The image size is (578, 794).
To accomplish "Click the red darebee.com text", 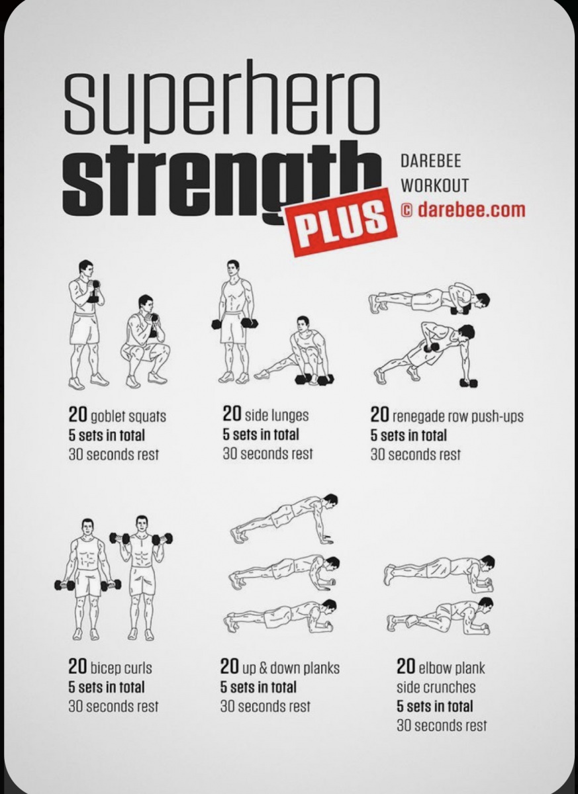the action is click(x=471, y=210).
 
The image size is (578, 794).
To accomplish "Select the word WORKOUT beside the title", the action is click(x=434, y=185).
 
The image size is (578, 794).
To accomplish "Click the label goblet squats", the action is click(x=128, y=416).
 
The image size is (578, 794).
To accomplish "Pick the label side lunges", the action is click(x=277, y=416).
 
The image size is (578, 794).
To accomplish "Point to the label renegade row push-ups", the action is click(x=458, y=416).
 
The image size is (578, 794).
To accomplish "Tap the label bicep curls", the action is click(x=121, y=668).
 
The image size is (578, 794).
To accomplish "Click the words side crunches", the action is click(x=436, y=687).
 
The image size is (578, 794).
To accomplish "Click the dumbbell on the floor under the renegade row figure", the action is click(x=469, y=383).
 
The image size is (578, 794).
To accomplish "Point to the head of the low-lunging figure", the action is click(x=303, y=324).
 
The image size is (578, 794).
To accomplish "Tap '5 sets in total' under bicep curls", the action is click(x=107, y=687).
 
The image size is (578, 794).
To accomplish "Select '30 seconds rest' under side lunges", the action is click(x=267, y=453).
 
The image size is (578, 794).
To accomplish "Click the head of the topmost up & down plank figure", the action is click(x=330, y=500).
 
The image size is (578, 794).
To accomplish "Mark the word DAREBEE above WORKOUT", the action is click(x=431, y=161).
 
